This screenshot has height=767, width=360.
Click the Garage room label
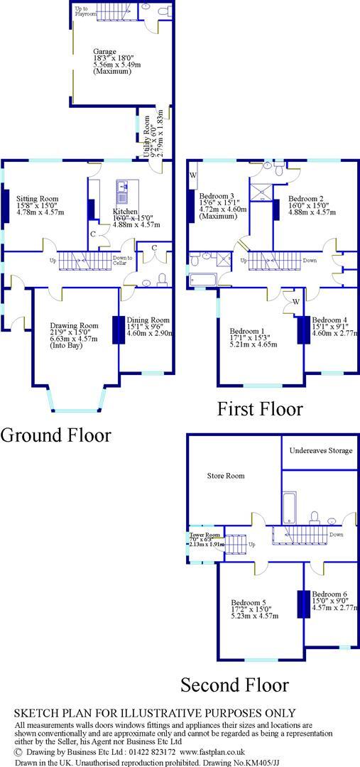click(104, 51)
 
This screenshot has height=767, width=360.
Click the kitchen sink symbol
click(123, 187)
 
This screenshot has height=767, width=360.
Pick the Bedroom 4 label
click(330, 320)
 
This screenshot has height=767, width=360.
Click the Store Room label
click(226, 475)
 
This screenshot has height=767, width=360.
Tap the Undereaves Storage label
click(319, 450)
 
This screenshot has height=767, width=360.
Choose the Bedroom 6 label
click(329, 594)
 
